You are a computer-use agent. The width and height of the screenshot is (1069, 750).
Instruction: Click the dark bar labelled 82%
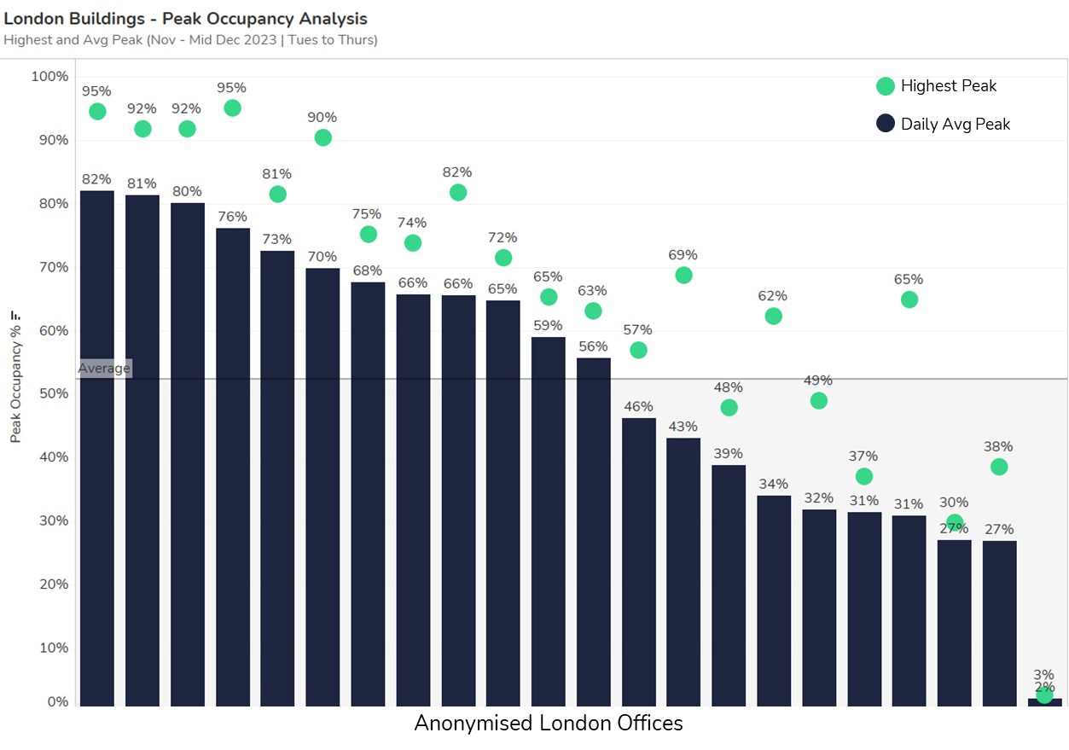pyautogui.click(x=97, y=448)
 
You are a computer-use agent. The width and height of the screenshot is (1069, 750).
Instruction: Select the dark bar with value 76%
pyautogui.click(x=233, y=467)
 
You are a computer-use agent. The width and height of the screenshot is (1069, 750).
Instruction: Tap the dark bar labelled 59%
pyautogui.click(x=549, y=521)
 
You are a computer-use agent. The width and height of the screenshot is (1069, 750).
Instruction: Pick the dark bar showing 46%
pyautogui.click(x=639, y=561)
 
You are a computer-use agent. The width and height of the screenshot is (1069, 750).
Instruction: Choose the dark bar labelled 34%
pyautogui.click(x=774, y=601)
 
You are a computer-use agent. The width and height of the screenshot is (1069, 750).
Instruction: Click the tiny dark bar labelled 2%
pyautogui.click(x=1044, y=702)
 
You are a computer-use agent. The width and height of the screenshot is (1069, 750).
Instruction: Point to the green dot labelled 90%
pyautogui.click(x=322, y=137)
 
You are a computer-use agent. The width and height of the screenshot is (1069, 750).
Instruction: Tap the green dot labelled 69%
pyautogui.click(x=683, y=276)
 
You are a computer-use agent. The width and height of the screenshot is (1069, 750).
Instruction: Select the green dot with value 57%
pyautogui.click(x=638, y=351)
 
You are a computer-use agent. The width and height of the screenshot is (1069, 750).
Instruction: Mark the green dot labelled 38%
pyautogui.click(x=999, y=467)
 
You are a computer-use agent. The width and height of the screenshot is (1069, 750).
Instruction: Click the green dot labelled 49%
pyautogui.click(x=819, y=401)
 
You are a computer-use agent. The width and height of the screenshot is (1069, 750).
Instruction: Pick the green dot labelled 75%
pyautogui.click(x=369, y=235)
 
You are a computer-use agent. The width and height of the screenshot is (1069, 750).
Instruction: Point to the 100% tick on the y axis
pyautogui.click(x=49, y=77)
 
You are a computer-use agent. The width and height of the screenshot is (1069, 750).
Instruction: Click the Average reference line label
pyautogui.click(x=104, y=369)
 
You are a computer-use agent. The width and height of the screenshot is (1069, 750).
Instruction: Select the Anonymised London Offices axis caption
pyautogui.click(x=549, y=724)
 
